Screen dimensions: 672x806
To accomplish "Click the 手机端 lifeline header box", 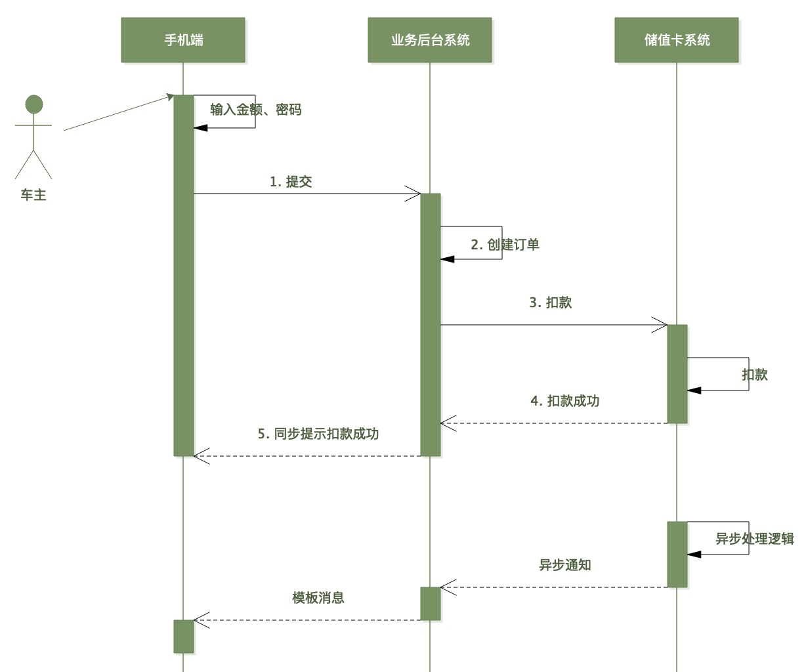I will click(183, 40).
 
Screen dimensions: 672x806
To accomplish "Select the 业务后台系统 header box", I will click(430, 40).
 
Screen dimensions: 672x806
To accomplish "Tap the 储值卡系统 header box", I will click(677, 40).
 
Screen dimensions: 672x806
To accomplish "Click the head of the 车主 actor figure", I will click(34, 104).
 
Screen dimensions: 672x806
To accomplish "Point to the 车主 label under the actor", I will click(33, 195).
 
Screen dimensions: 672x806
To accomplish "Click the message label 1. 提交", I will click(291, 182).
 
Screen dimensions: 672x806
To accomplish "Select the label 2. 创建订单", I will click(505, 245).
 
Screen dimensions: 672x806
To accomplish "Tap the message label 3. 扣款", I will click(551, 303).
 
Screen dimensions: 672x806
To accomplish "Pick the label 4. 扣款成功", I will click(565, 401).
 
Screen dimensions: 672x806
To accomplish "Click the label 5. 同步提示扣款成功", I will click(318, 434).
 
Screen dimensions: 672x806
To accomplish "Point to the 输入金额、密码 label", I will click(255, 110).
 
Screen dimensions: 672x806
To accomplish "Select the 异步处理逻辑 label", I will click(754, 539).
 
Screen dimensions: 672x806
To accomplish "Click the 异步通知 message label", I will click(565, 565).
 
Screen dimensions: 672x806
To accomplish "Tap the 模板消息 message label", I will click(318, 598).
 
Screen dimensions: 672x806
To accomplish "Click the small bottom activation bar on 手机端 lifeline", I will click(184, 636).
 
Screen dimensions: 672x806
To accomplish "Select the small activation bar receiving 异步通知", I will click(431, 603).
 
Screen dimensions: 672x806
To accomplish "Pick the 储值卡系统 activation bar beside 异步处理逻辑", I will click(677, 555).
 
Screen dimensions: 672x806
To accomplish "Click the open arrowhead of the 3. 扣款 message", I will click(661, 325).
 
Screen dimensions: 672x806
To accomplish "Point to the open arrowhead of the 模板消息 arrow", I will click(200, 620).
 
